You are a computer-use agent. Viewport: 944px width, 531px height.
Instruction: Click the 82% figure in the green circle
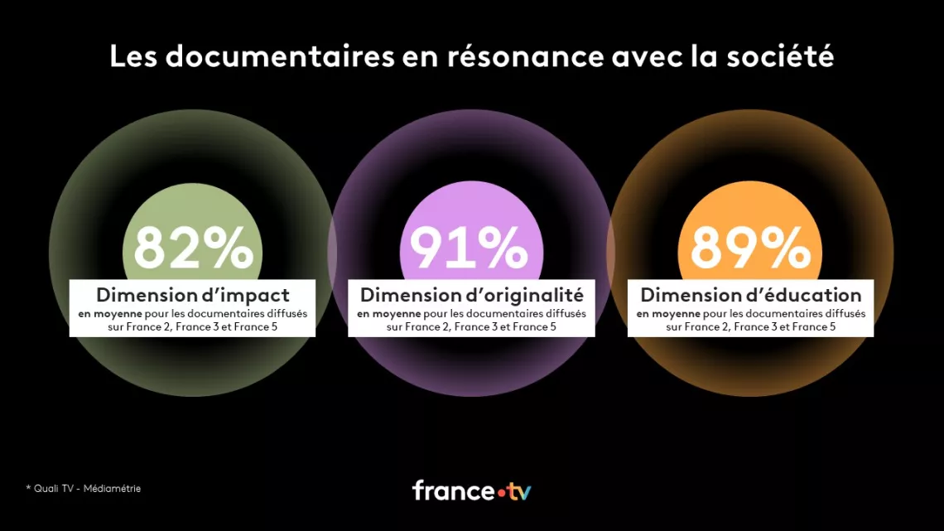coord(194,248)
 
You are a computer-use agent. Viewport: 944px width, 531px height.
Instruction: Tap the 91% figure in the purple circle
coord(469,248)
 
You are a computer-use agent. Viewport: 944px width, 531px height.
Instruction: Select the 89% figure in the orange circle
coord(749,248)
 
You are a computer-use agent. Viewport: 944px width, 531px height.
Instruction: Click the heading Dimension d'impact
coord(193,295)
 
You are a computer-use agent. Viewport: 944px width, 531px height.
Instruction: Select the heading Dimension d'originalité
coord(472,295)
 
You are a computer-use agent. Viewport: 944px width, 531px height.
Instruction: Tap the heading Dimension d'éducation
coord(750,295)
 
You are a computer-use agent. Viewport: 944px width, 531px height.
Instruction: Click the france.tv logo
coord(471,490)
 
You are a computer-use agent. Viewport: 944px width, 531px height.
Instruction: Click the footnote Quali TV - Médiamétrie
coord(87,489)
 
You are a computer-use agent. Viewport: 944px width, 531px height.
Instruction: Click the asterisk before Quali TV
coord(28,488)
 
